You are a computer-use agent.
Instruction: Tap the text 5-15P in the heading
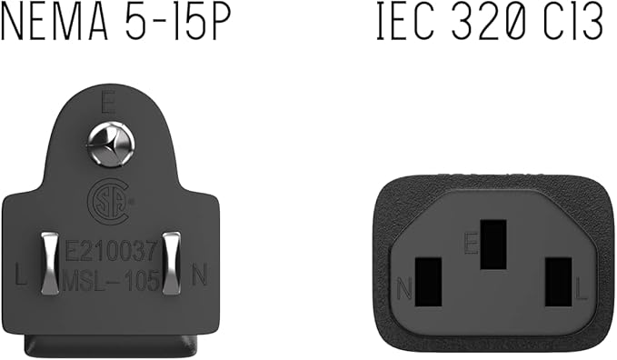point(178,25)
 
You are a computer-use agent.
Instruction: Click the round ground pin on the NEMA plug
point(109,145)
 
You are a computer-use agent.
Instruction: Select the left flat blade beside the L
point(49,263)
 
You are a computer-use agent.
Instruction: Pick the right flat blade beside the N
point(170,263)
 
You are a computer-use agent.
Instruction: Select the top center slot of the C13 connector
point(493,243)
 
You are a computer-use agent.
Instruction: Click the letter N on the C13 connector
point(405,291)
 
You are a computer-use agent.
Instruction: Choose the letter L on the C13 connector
point(582,291)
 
